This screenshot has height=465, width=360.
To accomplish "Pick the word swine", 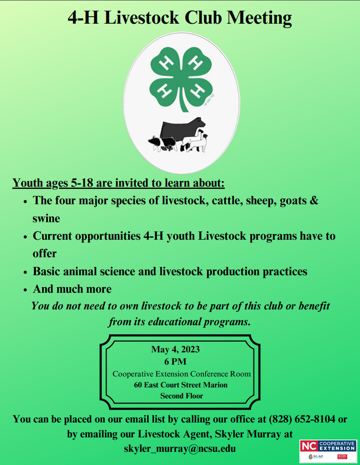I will tap(46, 218).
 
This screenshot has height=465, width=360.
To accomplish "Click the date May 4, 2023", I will tap(175, 349).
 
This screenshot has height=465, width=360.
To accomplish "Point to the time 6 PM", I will tap(175, 362).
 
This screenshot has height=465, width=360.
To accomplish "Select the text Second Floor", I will tap(181, 396).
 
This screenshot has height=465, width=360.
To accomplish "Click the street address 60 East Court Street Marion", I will tap(181, 385).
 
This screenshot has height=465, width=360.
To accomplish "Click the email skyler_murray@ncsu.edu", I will tap(180, 448).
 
